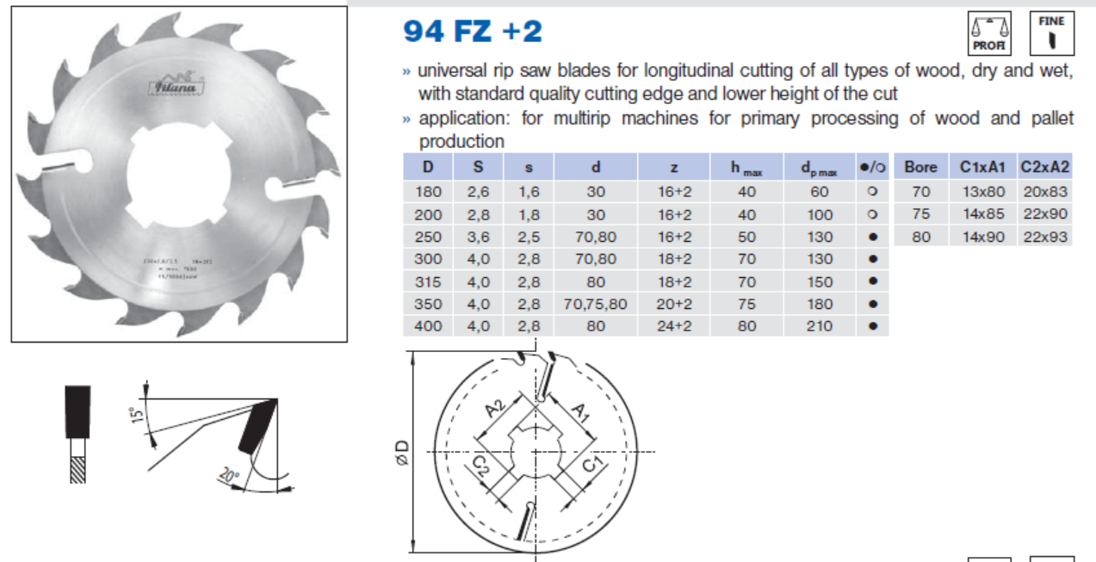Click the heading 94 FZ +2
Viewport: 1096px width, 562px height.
point(473,31)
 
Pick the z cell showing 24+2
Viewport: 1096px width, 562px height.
point(674,326)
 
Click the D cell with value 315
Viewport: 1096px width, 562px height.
point(428,281)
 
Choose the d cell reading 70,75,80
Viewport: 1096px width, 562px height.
point(595,304)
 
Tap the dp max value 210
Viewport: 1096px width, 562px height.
point(820,326)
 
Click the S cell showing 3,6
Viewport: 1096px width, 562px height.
point(478,237)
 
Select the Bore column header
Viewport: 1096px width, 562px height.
point(920,167)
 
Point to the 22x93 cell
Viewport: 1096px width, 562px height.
point(1045,237)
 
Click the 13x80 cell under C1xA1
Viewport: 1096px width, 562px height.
point(982,192)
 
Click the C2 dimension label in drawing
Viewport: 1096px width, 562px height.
point(484,468)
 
